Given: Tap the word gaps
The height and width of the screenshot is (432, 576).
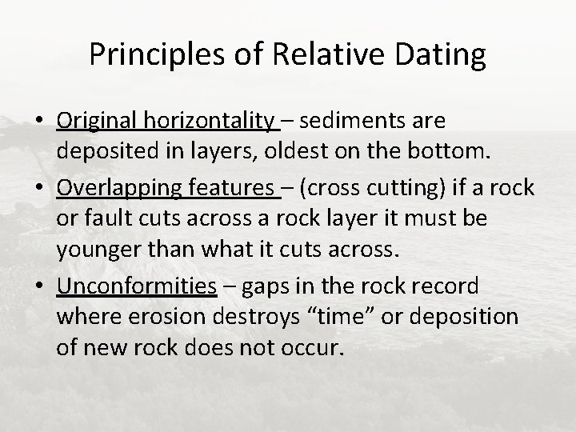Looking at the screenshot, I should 270,286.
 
